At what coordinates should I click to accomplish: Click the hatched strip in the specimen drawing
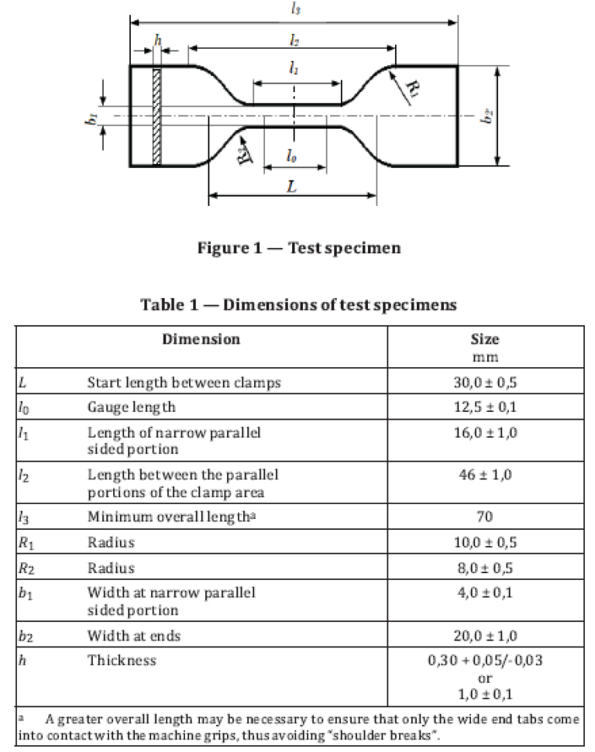tap(156, 116)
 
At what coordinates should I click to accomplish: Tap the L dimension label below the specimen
tap(292, 186)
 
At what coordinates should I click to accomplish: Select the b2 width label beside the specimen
tap(487, 116)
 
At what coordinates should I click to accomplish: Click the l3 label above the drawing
tap(296, 9)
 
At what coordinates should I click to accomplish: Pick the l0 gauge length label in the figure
tap(291, 156)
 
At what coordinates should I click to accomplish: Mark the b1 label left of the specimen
tap(91, 119)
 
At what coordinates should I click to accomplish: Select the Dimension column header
tap(201, 339)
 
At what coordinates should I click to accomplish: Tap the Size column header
tap(485, 339)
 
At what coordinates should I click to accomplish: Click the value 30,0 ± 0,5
tap(485, 383)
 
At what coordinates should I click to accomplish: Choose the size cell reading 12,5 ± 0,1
tap(485, 407)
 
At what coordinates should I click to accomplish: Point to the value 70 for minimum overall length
tap(485, 517)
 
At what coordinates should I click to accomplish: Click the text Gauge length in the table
tap(132, 407)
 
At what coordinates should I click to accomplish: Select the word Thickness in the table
tap(122, 661)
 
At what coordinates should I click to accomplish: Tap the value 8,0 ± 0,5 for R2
tap(485, 568)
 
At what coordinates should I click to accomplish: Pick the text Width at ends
tap(134, 636)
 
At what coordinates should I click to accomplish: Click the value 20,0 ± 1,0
tap(485, 636)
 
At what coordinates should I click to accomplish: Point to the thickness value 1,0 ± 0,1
tap(485, 694)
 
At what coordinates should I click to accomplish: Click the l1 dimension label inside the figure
tap(294, 69)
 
